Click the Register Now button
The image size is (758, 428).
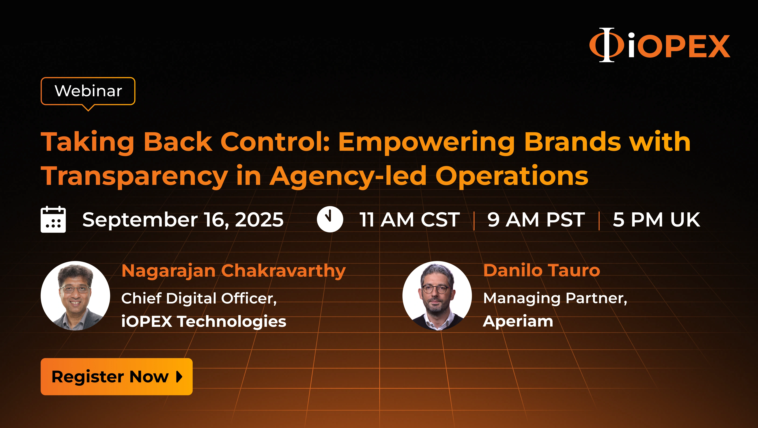(x=117, y=377)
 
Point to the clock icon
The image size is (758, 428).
(x=330, y=219)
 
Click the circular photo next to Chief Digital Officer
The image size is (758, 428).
(x=75, y=296)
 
